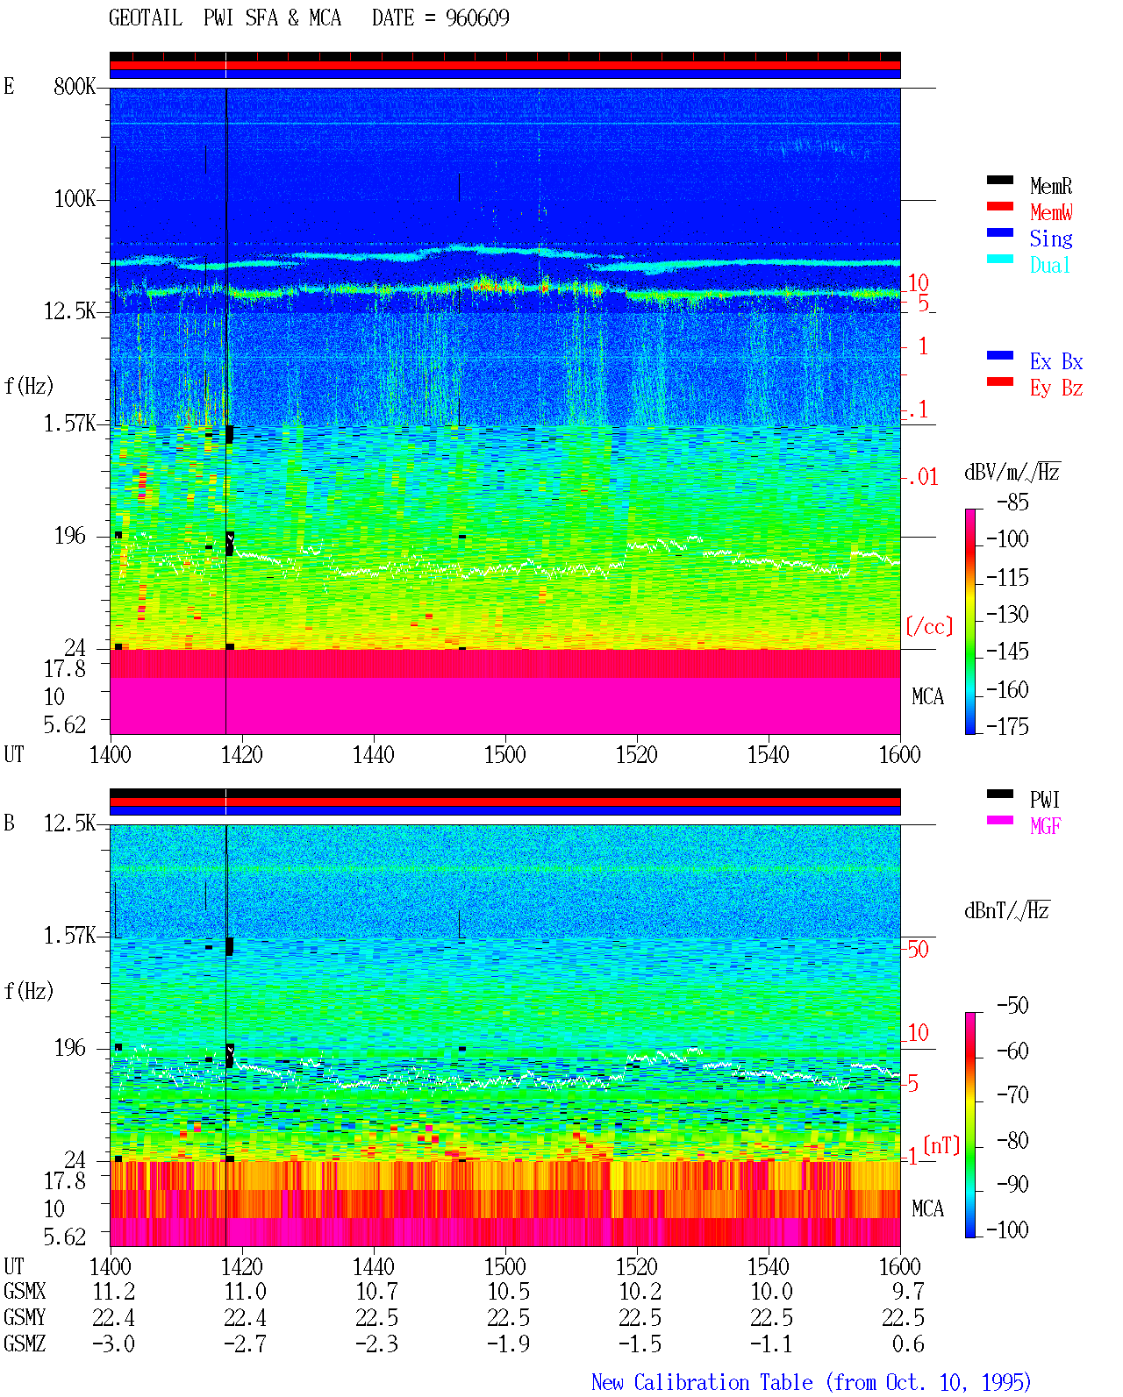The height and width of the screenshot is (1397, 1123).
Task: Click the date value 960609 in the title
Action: [477, 18]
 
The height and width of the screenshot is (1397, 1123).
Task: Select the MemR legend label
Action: [1051, 186]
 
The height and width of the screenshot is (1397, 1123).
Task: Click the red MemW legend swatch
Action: [999, 206]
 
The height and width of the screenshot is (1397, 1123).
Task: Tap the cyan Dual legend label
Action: [1049, 265]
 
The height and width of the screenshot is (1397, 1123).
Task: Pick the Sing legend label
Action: [1050, 239]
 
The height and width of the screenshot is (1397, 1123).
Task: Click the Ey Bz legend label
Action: [1056, 388]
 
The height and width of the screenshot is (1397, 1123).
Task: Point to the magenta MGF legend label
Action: [1046, 826]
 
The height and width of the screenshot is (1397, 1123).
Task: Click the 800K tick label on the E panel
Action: [75, 86]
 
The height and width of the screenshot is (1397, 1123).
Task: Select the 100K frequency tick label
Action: [75, 199]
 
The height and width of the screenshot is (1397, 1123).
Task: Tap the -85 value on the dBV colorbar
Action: [1012, 502]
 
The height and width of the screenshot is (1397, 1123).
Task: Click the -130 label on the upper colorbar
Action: [1007, 614]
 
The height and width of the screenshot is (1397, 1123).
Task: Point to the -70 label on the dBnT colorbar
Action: [1013, 1094]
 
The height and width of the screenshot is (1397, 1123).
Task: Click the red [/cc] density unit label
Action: [929, 626]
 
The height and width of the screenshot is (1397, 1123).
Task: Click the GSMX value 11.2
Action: [114, 1291]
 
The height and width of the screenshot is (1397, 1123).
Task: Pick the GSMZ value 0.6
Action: [908, 1344]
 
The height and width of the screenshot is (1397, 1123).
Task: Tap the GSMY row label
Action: [25, 1317]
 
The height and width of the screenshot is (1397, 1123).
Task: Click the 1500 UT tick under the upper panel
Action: [504, 754]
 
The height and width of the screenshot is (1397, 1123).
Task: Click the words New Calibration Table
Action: [702, 1382]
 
